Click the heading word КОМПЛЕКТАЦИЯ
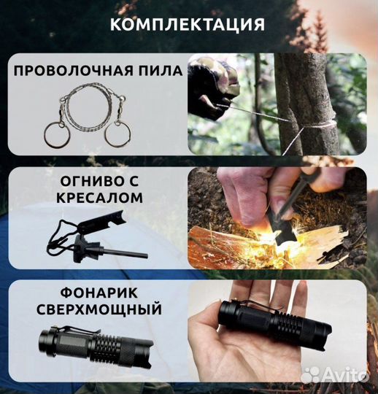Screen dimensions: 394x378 point(188,26)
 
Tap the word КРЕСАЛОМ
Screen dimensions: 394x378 point(98,198)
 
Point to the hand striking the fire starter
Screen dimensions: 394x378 point(248,193)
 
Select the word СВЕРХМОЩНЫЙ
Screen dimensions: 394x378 point(98,310)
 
